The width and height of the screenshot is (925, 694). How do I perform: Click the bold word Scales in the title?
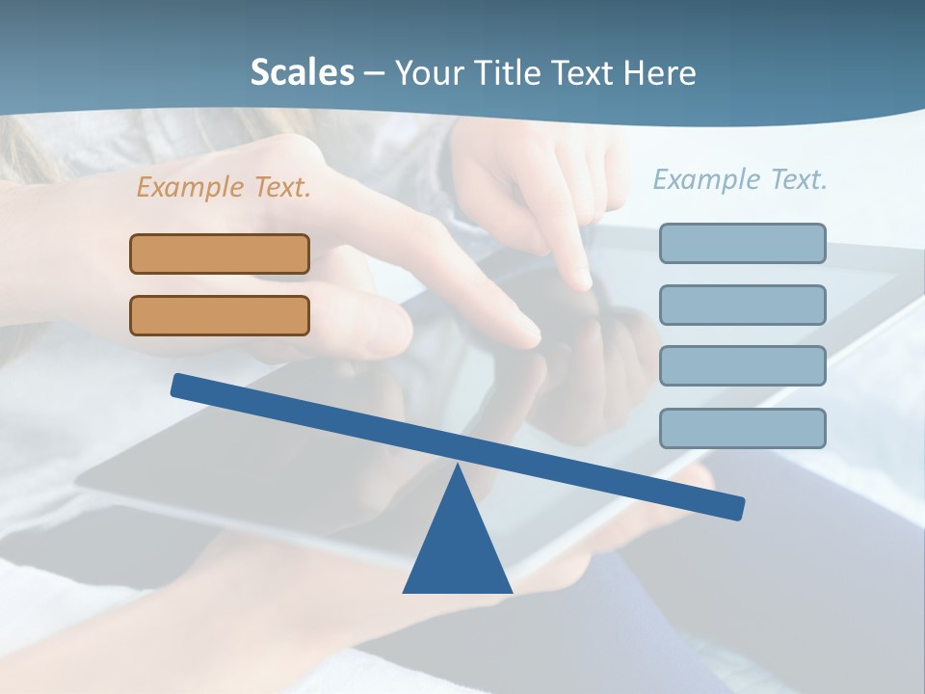point(302,72)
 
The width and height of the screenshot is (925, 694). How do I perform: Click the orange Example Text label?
point(224,187)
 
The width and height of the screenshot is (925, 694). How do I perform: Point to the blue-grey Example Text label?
point(740,179)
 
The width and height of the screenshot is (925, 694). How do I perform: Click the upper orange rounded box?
point(220,254)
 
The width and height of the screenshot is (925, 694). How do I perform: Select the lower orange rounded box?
point(220,315)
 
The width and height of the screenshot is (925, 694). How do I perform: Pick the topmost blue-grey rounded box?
point(742,243)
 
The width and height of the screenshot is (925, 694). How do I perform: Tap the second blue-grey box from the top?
point(742,305)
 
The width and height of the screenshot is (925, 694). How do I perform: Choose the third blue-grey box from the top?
point(742,366)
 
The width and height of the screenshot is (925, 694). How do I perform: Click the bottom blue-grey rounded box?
point(742,428)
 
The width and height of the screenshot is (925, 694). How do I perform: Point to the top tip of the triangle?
point(458,467)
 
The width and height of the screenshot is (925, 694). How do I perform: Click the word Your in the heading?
point(426,72)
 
